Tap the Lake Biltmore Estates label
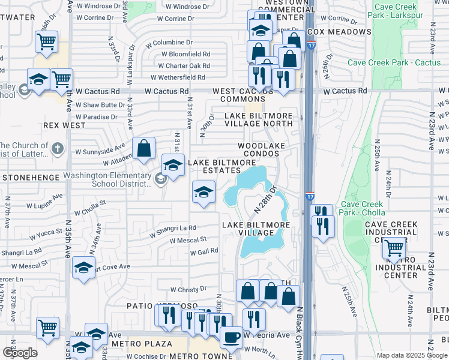point(222,166)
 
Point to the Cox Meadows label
point(339,31)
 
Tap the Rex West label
point(64,125)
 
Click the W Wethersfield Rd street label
point(178,77)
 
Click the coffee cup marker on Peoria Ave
point(231,336)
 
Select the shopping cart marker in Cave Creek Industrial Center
point(394,247)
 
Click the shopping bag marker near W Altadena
point(144,148)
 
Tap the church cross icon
point(57,148)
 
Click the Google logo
point(20,353)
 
